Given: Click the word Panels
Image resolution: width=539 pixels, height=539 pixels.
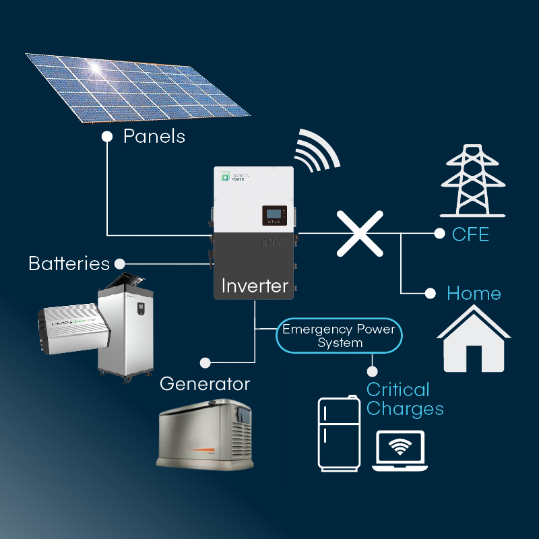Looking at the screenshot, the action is (154, 136).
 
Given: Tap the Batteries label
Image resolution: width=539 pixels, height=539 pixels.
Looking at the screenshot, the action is (69, 263).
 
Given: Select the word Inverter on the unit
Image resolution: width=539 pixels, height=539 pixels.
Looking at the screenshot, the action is (255, 286).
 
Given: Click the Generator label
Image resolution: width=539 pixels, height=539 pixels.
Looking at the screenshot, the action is (205, 384).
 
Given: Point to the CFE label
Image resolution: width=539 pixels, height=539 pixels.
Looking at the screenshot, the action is (471, 234).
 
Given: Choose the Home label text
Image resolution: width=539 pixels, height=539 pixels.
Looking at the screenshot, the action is (474, 294).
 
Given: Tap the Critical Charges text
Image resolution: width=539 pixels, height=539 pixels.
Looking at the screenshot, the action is (405, 399).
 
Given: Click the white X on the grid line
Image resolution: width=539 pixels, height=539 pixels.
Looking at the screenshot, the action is (360, 233).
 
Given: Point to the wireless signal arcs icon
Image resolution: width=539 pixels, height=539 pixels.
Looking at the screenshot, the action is (317, 152).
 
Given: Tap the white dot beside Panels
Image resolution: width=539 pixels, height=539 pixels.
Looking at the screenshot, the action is (106, 136).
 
